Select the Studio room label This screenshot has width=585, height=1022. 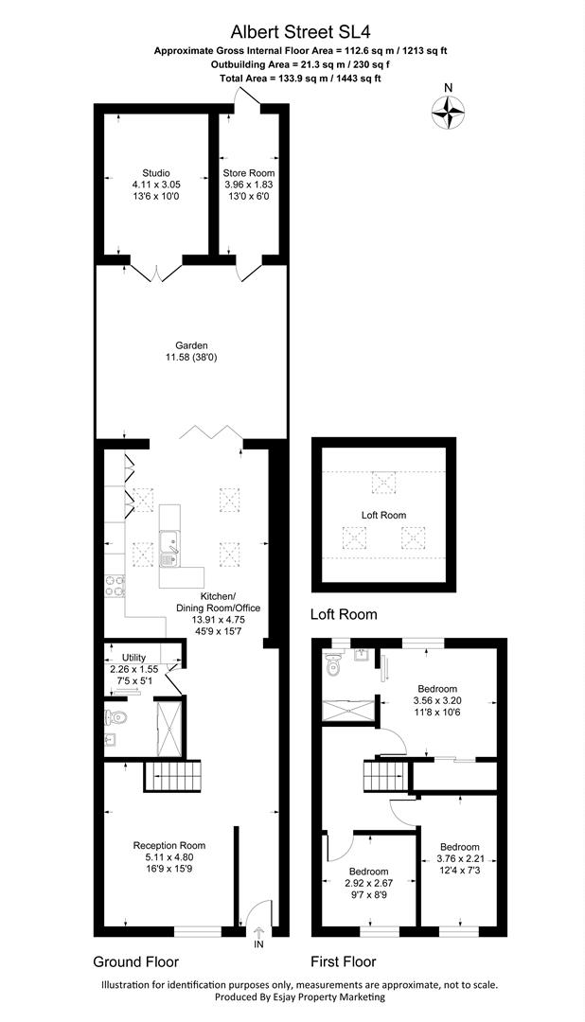pos(151,173)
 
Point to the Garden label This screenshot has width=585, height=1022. pos(190,345)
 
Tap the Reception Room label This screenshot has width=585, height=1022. pos(168,845)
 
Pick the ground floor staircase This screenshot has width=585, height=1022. pos(172,778)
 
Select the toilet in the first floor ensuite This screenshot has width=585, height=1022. pos(331,667)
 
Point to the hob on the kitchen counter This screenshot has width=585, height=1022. pos(115,587)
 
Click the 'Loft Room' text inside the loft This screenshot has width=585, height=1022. pos(383,515)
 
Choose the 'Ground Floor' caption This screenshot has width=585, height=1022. pos(137,961)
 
